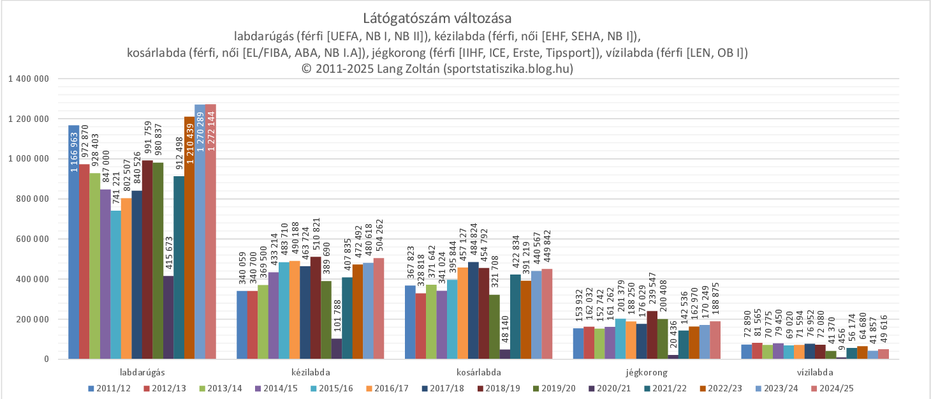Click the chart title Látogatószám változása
point(437,18)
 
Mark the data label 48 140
point(505,325)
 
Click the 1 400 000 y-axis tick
point(28,79)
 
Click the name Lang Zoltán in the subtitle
point(406,69)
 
